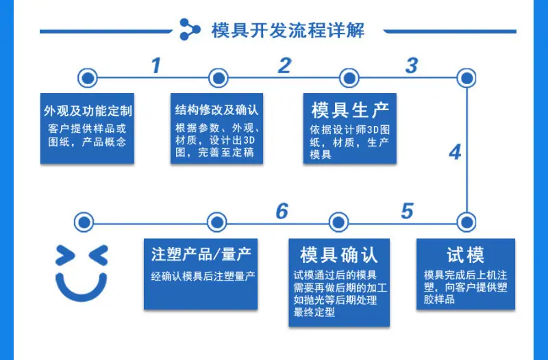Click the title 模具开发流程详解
coord(288,30)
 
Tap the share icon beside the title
coord(190,29)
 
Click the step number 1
coord(156,65)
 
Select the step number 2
coord(284,65)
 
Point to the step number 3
coord(412,65)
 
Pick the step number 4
coord(455,152)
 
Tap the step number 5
coord(408,211)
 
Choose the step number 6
coord(282,211)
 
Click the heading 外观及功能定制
coord(88,111)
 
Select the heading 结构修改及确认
coord(216,110)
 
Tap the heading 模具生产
coord(350,110)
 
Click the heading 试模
coord(465,255)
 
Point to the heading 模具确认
coord(338,255)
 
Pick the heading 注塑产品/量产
coord(201,254)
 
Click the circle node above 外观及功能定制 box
coord(88,78)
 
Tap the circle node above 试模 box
coord(466,222)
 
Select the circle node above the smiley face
coord(84,222)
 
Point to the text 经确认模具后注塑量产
coord(203,277)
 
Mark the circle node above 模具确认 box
coord(338,222)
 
